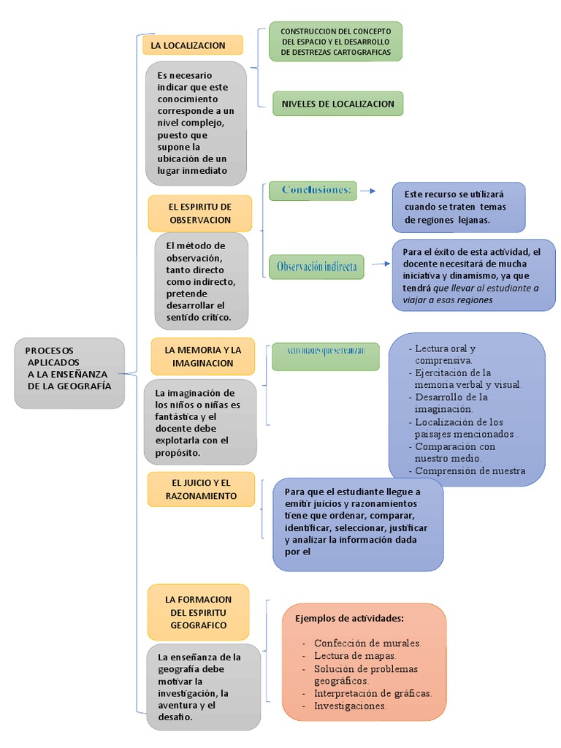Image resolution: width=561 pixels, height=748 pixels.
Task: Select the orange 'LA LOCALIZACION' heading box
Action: point(193,45)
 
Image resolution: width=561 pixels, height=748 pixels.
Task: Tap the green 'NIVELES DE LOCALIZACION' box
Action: point(337,104)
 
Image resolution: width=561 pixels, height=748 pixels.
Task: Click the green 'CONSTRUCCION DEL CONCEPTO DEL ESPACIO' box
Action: point(335,42)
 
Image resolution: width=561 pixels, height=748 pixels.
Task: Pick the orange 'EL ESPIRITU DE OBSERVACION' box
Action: point(199,213)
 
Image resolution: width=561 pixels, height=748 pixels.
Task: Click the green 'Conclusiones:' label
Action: point(313,191)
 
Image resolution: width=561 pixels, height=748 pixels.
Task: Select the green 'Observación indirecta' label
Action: point(317,267)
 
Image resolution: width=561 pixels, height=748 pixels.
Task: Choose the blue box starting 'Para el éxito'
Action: point(473,275)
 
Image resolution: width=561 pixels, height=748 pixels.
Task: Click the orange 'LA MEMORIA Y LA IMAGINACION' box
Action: point(202,356)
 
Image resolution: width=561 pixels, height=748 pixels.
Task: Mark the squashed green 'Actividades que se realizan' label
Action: point(326,352)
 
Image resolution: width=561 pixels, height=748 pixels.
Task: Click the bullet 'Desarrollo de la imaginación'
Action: point(451,403)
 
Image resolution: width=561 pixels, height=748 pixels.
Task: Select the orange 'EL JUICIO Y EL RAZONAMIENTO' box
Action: point(200,489)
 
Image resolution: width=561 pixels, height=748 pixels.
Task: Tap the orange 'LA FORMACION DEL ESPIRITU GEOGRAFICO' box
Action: point(199,612)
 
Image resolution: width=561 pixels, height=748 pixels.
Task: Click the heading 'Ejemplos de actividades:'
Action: point(349,618)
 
